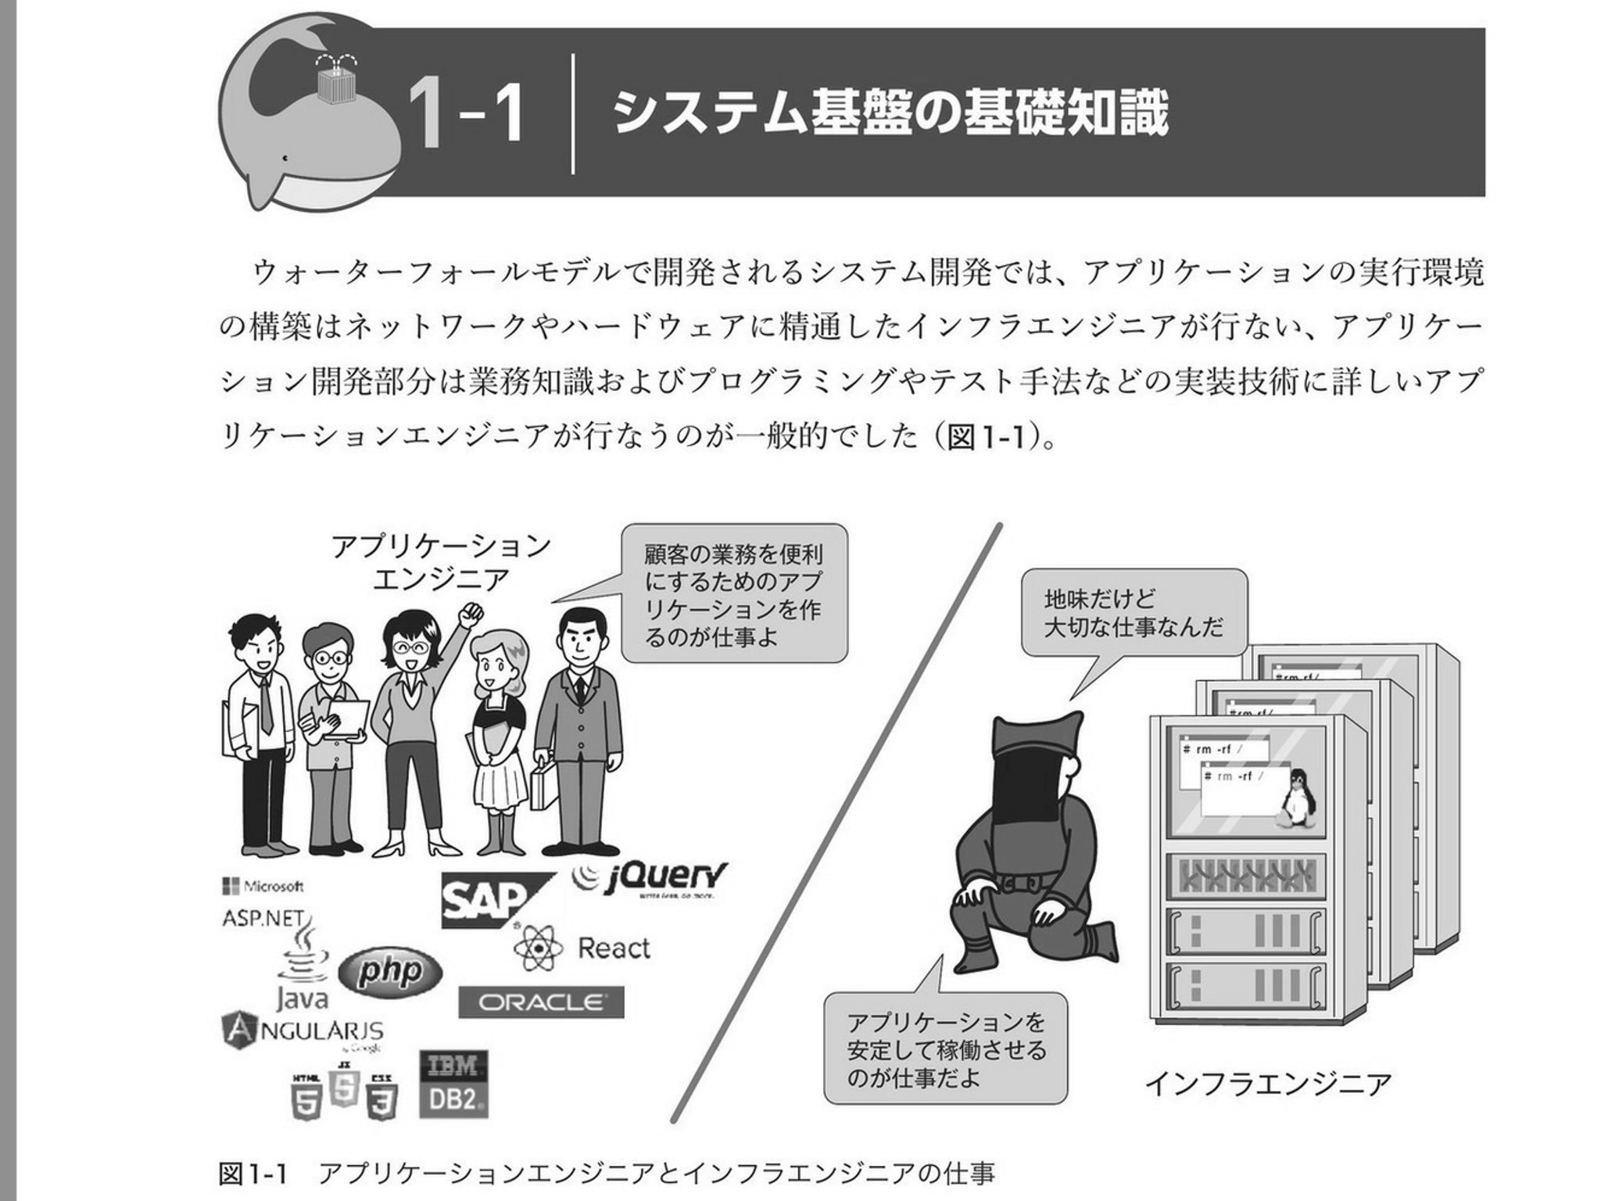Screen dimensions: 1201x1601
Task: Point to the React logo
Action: point(582,948)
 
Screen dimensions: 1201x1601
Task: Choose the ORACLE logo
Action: point(541,1002)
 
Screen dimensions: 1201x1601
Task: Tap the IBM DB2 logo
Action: point(453,1084)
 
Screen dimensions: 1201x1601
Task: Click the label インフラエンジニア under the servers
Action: point(1268,1084)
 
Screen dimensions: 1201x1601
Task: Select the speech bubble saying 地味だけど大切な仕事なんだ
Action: point(1133,613)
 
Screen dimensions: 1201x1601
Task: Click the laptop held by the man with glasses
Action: point(346,719)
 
